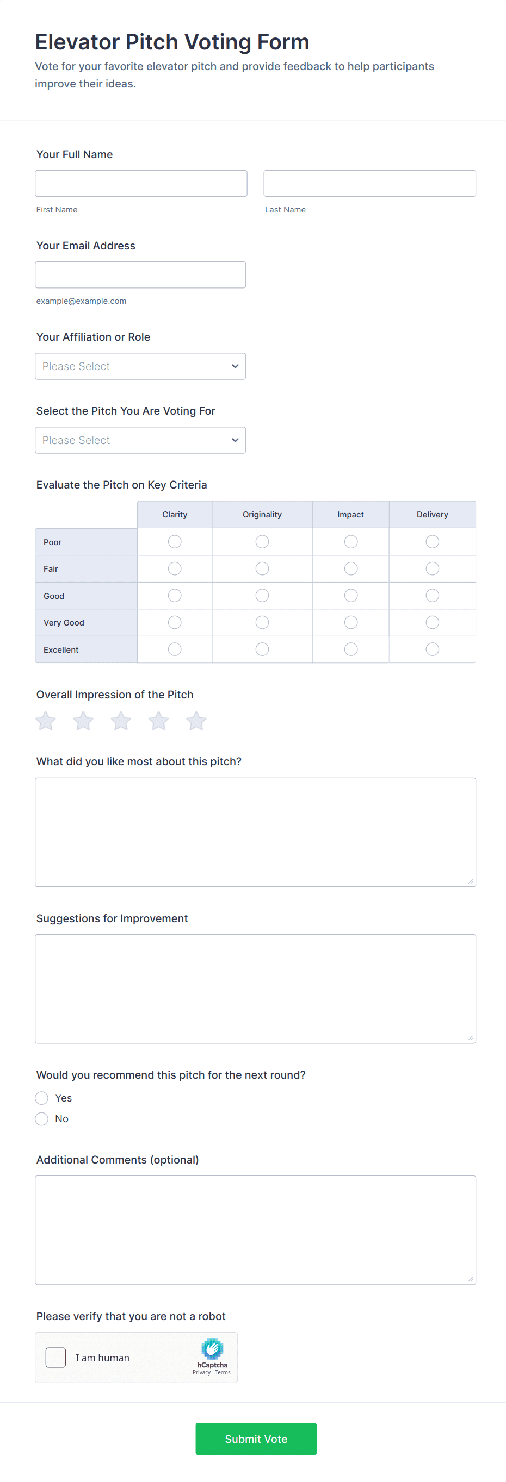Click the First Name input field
140,184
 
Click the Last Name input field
369,184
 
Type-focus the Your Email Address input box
140,275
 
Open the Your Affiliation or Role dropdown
140,366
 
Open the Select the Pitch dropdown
140,440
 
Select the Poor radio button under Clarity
175,542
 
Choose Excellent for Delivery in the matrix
432,649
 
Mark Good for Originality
262,596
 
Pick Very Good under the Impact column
350,622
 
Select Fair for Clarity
175,569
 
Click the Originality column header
262,514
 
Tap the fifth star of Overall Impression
196,721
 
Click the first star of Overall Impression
46,721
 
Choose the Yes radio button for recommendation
41,1098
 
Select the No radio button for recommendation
41,1119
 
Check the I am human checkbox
56,1358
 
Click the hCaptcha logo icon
212,1349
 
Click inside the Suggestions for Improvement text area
255,989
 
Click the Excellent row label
61,649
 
